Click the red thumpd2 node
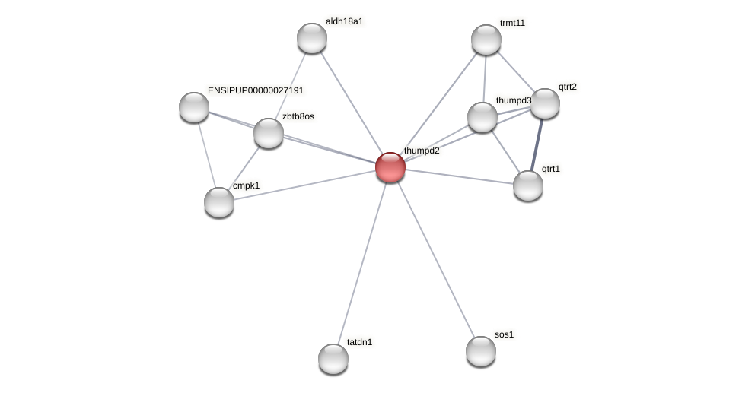pos(390,167)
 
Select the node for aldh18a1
pos(312,38)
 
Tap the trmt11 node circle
pos(486,40)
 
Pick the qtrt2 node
pos(545,103)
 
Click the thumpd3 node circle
pos(482,117)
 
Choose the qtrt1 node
pos(528,185)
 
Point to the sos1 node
pos(481,351)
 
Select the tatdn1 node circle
pos(333,359)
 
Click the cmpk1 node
pos(219,202)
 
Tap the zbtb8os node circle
pos(269,133)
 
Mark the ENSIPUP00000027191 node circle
pos(194,107)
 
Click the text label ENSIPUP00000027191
pos(256,90)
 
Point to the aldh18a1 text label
pos(345,21)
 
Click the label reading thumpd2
pos(422,151)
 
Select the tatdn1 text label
pos(360,342)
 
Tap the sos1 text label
pos(504,334)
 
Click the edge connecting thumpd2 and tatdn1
pos(362,261)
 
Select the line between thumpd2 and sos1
pos(435,258)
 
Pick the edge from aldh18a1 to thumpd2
pos(351,103)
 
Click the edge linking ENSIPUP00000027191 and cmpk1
pos(206,154)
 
